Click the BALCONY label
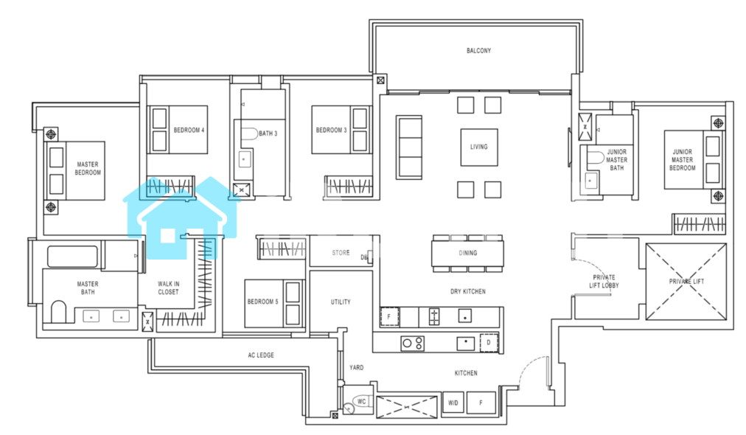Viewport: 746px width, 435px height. [478, 50]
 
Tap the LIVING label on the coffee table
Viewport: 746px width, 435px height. [478, 147]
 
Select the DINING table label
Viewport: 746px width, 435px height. [467, 253]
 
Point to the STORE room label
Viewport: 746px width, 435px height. [341, 253]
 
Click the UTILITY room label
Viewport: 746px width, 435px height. [341, 302]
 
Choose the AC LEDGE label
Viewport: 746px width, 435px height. [261, 355]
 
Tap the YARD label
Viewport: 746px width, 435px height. [356, 367]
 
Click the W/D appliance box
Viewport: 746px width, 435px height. [453, 403]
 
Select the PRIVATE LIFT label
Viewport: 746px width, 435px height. [686, 281]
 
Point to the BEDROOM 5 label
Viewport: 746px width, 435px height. [262, 302]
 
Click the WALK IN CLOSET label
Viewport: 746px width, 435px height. [168, 288]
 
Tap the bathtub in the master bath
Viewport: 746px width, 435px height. [72, 257]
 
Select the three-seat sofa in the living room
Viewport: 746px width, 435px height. [409, 147]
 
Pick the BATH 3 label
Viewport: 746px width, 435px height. [268, 133]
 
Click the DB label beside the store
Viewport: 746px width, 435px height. [364, 257]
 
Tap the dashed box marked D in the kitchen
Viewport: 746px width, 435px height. [489, 343]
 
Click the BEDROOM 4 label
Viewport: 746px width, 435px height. [189, 130]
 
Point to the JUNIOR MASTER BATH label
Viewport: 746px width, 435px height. [616, 160]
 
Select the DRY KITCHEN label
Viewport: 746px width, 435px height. [467, 291]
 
